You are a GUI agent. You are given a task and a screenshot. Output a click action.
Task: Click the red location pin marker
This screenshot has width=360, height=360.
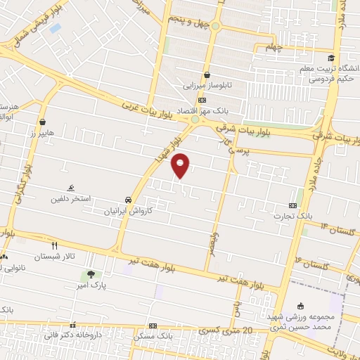(181, 165)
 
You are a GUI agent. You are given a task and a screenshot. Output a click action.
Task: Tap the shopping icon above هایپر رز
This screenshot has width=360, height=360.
(43, 122)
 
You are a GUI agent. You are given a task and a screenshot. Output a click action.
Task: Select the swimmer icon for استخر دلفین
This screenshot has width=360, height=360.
(71, 188)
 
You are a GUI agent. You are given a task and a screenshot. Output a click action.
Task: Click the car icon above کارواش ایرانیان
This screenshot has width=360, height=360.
(127, 200)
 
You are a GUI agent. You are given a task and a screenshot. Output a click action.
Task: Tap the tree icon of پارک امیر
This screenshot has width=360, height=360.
(90, 274)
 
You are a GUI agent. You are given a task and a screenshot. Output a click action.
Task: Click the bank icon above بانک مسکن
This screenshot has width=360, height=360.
(153, 326)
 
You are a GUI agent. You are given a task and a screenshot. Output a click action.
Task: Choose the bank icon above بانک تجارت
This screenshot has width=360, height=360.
(293, 205)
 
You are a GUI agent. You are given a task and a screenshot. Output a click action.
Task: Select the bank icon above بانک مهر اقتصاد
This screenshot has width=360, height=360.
(202, 101)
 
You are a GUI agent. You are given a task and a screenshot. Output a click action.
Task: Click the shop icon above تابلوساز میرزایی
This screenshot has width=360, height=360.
(207, 75)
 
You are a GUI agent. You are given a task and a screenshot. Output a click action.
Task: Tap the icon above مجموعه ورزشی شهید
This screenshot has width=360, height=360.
(301, 306)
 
